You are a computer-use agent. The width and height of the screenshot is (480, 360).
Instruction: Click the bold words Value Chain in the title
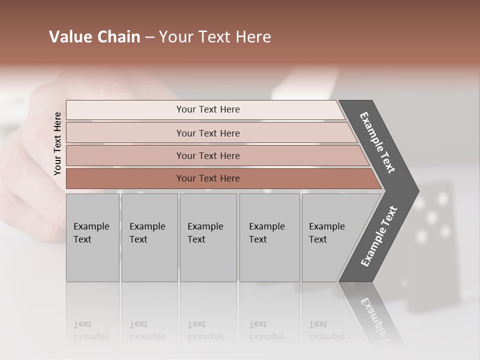tap(94, 37)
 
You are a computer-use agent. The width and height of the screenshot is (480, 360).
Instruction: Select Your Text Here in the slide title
tap(215, 37)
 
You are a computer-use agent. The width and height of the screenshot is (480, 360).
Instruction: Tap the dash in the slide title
tap(149, 37)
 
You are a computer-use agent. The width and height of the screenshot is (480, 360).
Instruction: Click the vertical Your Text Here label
tap(57, 143)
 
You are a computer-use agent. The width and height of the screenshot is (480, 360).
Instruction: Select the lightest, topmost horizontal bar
tap(207, 109)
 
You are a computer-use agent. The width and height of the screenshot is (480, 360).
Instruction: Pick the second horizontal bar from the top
tap(207, 133)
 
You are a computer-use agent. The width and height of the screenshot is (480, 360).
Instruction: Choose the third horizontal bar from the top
tap(207, 155)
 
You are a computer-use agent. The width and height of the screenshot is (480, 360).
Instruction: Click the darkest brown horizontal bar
tap(207, 178)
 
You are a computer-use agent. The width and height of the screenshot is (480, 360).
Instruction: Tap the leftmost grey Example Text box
tap(92, 237)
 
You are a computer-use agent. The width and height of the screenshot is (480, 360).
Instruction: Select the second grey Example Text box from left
tap(149, 237)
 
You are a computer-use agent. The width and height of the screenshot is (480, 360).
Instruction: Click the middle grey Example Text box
tap(208, 237)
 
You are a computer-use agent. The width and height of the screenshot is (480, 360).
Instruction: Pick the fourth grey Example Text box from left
tap(269, 237)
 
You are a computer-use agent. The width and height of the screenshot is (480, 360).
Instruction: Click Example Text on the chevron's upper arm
tap(377, 142)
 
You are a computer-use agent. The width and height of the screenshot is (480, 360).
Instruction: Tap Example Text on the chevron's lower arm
tap(379, 236)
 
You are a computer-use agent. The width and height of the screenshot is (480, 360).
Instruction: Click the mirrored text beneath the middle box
tap(205, 330)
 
